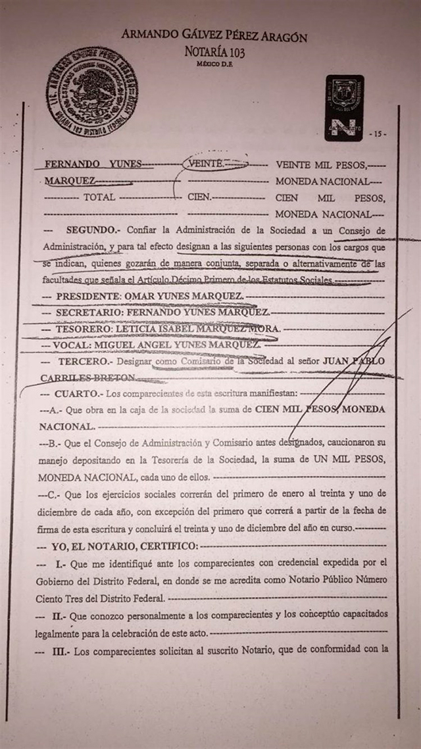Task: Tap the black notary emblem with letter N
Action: tap(343, 107)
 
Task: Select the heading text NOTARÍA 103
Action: tap(213, 52)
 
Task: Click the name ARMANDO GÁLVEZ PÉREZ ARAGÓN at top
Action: tap(213, 37)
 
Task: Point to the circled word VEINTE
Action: tap(207, 163)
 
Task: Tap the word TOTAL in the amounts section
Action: tap(99, 197)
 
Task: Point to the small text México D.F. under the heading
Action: tap(214, 64)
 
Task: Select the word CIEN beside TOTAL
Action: tap(198, 197)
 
